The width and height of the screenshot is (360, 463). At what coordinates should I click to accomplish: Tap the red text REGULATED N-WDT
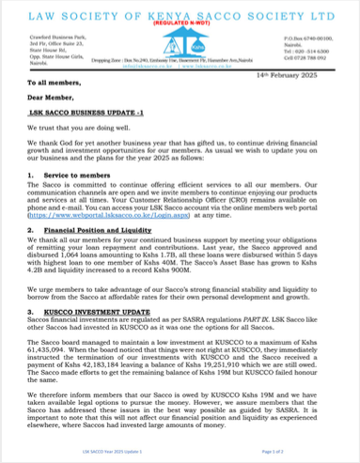click(x=180, y=28)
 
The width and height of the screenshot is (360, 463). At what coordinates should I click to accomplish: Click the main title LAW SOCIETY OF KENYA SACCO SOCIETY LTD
click(x=180, y=14)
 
